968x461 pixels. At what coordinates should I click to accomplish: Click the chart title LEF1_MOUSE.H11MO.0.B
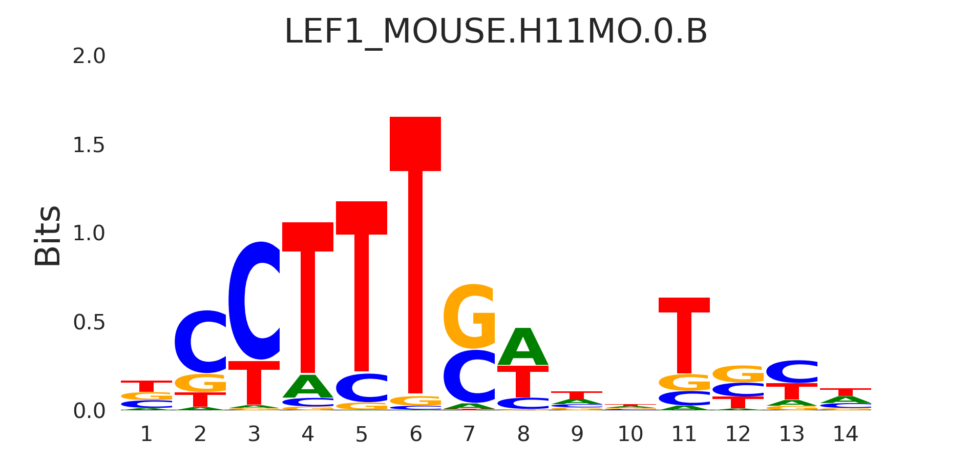coord(496,32)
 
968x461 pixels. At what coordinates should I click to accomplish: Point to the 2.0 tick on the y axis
coord(89,56)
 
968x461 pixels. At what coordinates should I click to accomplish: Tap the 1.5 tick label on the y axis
coord(89,145)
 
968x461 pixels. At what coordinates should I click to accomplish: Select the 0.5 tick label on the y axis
coord(89,323)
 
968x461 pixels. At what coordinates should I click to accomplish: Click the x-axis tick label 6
coord(415,434)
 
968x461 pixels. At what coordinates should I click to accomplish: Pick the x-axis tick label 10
coord(630,434)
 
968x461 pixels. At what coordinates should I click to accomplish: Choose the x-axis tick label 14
coord(845,434)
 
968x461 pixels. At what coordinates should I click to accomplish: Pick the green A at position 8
coord(523,347)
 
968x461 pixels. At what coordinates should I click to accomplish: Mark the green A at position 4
coord(308,387)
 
